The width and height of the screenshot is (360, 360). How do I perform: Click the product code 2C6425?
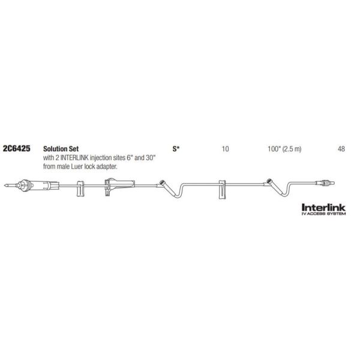point(16,149)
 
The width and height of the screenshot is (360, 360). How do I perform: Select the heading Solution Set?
point(61,149)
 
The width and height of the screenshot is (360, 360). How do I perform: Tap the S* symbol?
point(176,149)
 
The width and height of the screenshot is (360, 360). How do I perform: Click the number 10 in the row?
point(225,149)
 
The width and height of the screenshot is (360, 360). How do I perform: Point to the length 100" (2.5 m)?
point(284,149)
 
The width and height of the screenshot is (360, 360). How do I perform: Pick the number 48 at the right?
point(341,149)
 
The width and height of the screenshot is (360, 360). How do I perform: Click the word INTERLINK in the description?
point(74,158)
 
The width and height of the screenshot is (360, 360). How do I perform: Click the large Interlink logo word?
point(323,208)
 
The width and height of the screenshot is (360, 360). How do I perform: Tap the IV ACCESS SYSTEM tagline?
point(323,214)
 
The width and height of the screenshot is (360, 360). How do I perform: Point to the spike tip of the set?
point(5,185)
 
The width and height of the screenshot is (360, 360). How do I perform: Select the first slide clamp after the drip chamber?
point(80,189)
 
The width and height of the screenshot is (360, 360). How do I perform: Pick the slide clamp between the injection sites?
point(222,190)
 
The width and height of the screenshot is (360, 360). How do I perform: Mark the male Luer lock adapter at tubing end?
point(326,183)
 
